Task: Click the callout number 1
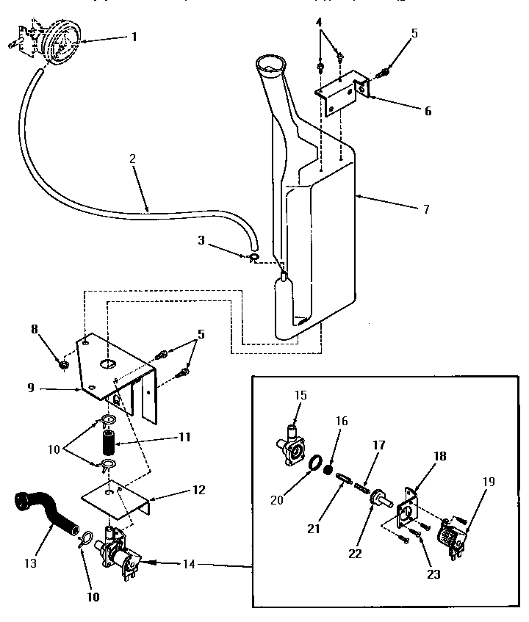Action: (x=133, y=36)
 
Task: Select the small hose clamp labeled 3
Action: (x=252, y=258)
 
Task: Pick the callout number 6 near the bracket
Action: (x=428, y=111)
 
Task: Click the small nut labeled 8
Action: (x=63, y=363)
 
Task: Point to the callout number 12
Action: (x=199, y=489)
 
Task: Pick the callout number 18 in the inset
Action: (x=440, y=455)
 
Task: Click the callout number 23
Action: (x=433, y=574)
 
